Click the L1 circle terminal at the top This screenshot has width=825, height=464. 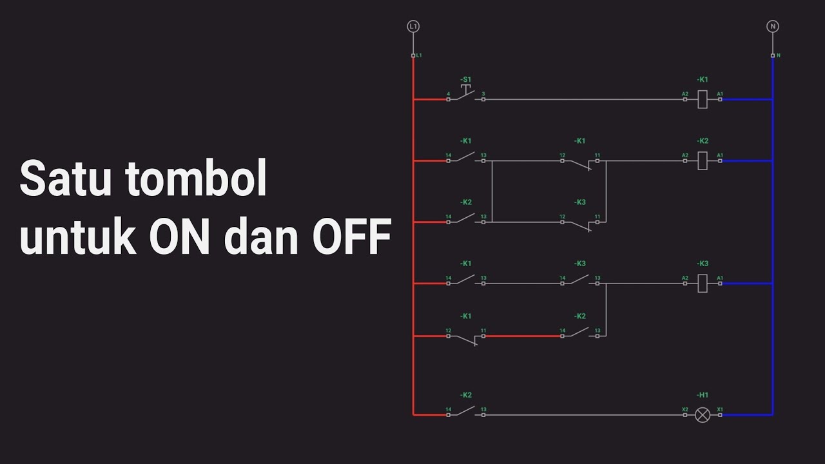(x=413, y=26)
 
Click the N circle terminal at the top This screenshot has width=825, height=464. (x=772, y=26)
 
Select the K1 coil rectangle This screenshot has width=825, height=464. (x=703, y=99)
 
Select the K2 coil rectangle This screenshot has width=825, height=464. (x=703, y=160)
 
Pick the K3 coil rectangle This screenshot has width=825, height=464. (x=703, y=283)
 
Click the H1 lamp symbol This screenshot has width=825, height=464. (x=703, y=415)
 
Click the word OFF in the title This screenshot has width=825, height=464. (x=352, y=238)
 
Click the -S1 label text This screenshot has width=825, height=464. (x=465, y=79)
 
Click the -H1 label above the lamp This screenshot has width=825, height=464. (x=703, y=395)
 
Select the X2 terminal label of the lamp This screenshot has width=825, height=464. (x=685, y=409)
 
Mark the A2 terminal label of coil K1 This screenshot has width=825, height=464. (x=685, y=94)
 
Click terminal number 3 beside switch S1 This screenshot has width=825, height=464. (x=483, y=94)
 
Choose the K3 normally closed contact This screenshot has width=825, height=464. (x=580, y=223)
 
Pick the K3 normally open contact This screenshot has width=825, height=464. (x=580, y=281)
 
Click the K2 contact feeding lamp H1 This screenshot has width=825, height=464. (x=465, y=412)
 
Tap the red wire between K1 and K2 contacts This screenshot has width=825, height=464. (x=522, y=336)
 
